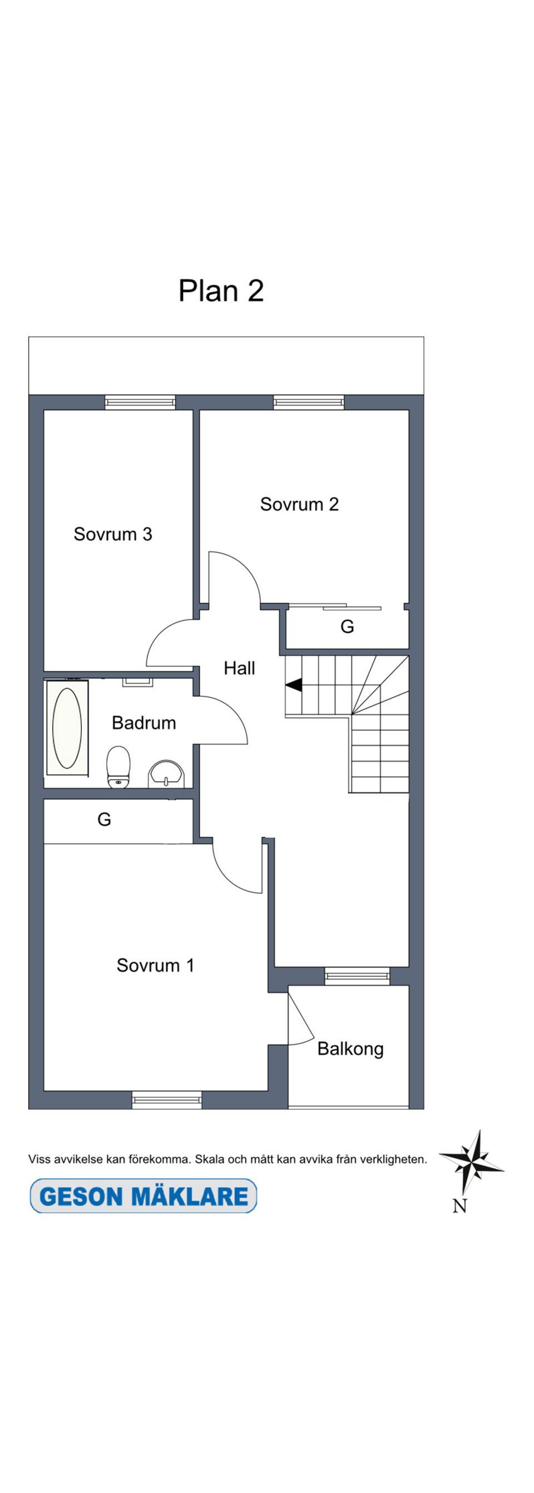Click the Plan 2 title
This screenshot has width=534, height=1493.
click(221, 290)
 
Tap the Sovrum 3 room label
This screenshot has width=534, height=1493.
click(113, 534)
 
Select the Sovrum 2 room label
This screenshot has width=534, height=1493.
click(299, 504)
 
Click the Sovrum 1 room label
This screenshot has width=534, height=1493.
click(155, 965)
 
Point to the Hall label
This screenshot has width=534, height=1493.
click(239, 668)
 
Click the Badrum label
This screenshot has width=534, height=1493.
click(144, 723)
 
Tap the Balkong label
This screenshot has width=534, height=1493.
click(350, 1049)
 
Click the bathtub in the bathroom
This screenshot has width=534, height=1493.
click(67, 728)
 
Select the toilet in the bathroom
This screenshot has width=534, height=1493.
click(118, 766)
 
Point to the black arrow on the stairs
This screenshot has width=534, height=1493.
click(294, 685)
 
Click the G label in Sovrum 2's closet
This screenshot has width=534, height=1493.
click(347, 626)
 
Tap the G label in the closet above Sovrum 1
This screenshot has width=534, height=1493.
click(104, 819)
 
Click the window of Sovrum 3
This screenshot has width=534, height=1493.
click(140, 402)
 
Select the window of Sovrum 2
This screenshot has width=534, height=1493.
click(309, 402)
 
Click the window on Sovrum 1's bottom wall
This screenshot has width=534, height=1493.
click(167, 1099)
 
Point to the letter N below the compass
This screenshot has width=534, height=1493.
click(459, 1206)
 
